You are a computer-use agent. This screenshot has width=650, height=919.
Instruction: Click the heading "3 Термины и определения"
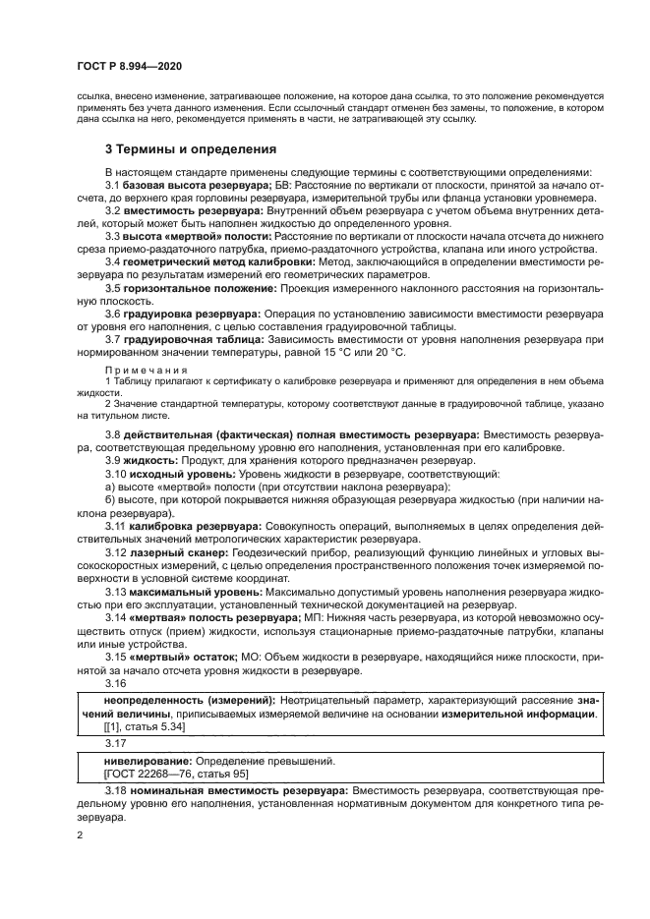(x=191, y=150)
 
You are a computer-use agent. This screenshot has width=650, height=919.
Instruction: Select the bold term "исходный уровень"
(x=176, y=473)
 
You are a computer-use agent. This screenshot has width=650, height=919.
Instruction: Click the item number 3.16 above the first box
(x=116, y=683)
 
